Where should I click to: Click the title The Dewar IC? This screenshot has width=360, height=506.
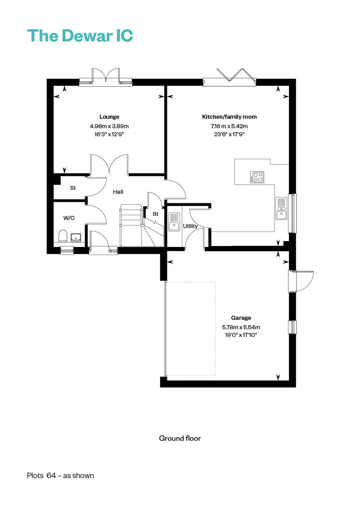[80, 36]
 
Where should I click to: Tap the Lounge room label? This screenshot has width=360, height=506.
[109, 117]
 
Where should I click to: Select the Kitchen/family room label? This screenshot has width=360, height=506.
[229, 117]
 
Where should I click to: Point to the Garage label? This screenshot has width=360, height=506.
[241, 318]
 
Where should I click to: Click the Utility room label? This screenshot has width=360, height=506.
[190, 226]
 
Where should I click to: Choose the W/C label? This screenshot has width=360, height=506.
[69, 218]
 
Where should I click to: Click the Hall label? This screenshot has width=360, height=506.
[118, 192]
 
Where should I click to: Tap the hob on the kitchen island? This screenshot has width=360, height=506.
[257, 177]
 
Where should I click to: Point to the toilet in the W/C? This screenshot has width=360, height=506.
[63, 236]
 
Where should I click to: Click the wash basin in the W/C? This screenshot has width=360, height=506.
[76, 237]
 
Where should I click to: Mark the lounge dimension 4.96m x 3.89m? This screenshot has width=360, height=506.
[109, 126]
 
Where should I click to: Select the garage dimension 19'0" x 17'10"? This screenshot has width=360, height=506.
[241, 335]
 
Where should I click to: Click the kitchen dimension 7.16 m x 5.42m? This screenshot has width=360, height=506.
[229, 126]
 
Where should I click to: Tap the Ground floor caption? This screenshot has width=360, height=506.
[180, 438]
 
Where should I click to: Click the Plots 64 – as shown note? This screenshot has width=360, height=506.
[60, 475]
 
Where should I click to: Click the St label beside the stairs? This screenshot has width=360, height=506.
[155, 214]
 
